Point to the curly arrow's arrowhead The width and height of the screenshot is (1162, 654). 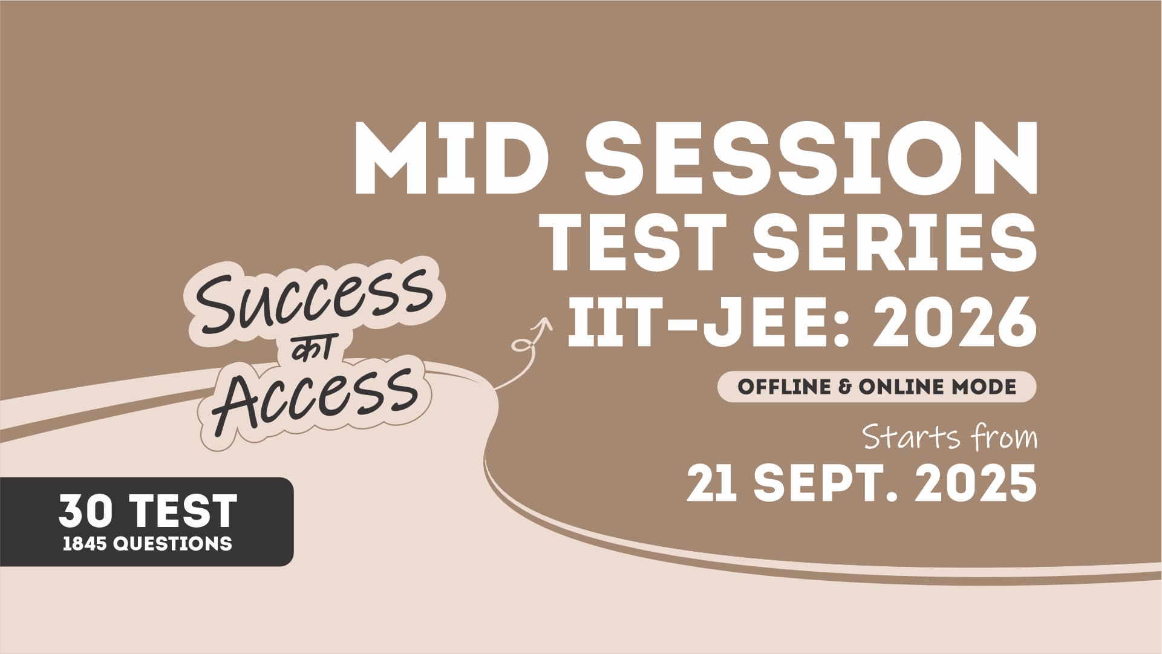(545, 324)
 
